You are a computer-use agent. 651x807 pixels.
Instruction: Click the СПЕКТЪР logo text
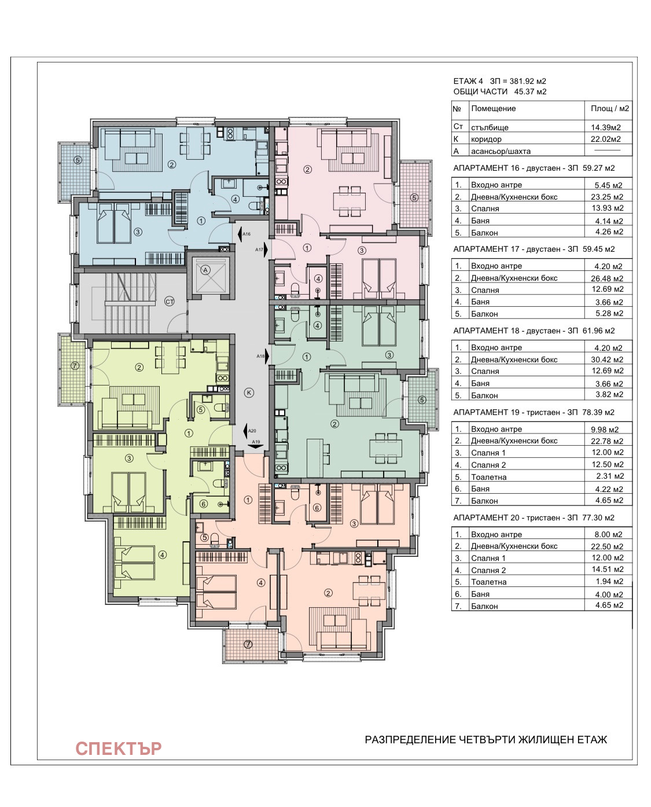(119, 749)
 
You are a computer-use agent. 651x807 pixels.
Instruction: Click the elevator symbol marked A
(205, 270)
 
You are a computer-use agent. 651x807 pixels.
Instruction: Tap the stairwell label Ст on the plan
(170, 302)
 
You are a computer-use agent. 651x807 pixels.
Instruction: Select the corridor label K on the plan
(249, 393)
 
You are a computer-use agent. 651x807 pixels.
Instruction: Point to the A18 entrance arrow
(267, 356)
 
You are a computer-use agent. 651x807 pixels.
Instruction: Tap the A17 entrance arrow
(266, 250)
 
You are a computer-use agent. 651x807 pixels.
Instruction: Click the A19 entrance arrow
(257, 446)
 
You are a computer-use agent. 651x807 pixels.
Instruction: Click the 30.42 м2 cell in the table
(607, 360)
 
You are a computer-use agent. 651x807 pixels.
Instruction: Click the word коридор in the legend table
(486, 139)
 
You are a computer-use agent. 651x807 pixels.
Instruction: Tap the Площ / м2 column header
(610, 108)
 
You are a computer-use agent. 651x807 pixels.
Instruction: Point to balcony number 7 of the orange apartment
(248, 644)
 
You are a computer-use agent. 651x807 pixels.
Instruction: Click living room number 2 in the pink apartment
(307, 170)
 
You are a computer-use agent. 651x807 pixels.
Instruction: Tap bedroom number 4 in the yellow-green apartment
(163, 555)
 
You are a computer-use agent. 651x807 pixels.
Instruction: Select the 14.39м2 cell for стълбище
(606, 128)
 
